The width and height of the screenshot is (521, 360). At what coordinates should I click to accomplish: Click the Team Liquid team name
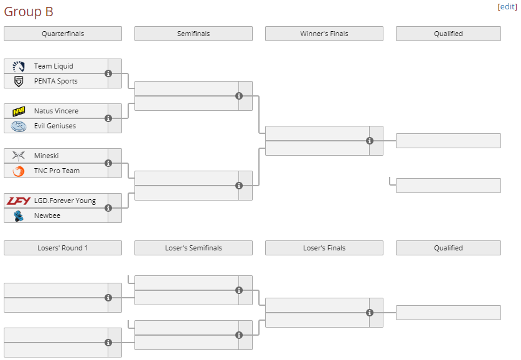54,66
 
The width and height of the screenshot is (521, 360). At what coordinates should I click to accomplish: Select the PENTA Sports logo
19,81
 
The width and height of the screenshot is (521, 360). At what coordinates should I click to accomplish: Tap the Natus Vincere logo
19,111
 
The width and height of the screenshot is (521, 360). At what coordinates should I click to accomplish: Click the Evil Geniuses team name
55,126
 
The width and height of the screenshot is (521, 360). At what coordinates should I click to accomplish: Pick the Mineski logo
19,156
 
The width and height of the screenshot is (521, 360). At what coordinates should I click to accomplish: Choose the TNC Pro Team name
57,171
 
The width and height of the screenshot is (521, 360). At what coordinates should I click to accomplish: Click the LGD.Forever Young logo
19,201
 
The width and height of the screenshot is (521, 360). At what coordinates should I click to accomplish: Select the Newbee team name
46,216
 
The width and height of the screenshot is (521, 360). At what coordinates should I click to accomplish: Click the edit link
507,6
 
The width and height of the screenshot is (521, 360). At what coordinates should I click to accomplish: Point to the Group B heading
29,12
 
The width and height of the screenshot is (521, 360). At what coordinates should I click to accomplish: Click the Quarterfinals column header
63,34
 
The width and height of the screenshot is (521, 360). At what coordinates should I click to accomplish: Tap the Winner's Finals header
324,34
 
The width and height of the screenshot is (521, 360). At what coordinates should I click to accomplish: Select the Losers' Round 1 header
63,248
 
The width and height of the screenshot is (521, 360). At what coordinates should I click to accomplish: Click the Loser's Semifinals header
194,248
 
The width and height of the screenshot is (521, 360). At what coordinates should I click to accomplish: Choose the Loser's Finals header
324,248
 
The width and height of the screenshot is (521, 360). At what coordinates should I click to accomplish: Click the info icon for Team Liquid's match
108,73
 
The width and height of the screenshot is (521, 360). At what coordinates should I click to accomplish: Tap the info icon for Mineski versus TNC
108,163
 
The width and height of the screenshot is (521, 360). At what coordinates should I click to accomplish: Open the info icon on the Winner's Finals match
370,141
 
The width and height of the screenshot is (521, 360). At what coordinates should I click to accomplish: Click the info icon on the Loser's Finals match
370,313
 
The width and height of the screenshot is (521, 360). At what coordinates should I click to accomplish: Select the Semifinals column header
194,34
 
